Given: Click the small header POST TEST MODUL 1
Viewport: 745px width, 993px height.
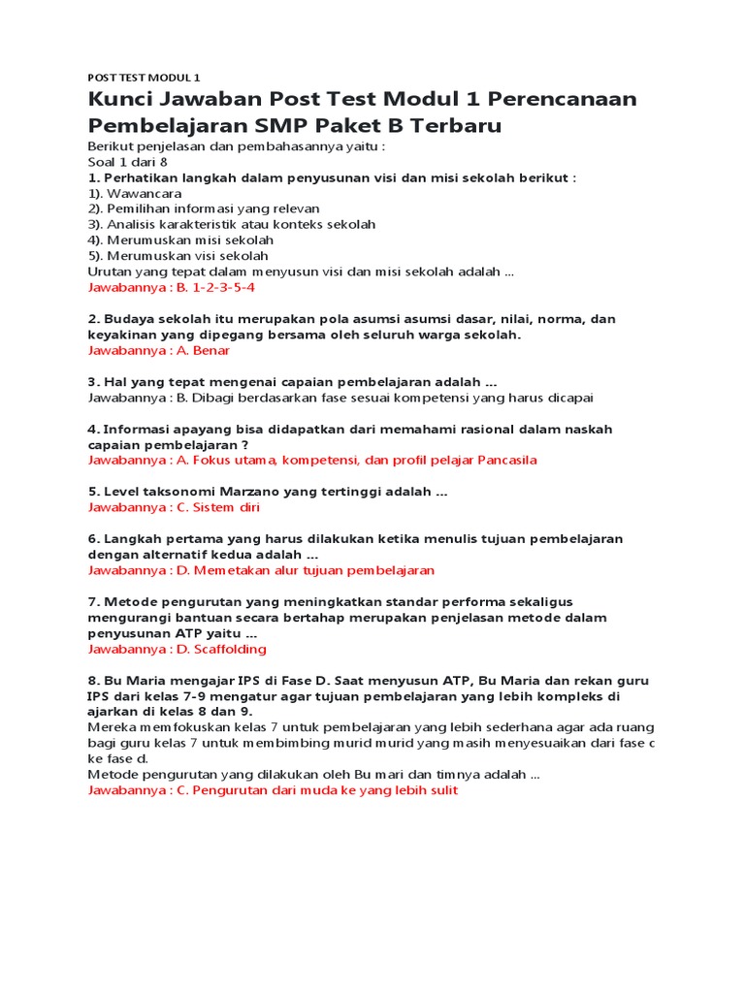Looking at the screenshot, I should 144,78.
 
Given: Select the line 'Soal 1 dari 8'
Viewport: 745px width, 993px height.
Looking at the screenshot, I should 128,162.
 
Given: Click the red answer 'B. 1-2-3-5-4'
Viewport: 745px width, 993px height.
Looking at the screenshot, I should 211,288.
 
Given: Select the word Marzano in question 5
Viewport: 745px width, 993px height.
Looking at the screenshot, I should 230,492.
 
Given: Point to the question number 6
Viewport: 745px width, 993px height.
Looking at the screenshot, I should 93,538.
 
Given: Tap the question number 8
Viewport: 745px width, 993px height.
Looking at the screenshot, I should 93,681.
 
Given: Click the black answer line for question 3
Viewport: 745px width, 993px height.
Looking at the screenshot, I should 340,398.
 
